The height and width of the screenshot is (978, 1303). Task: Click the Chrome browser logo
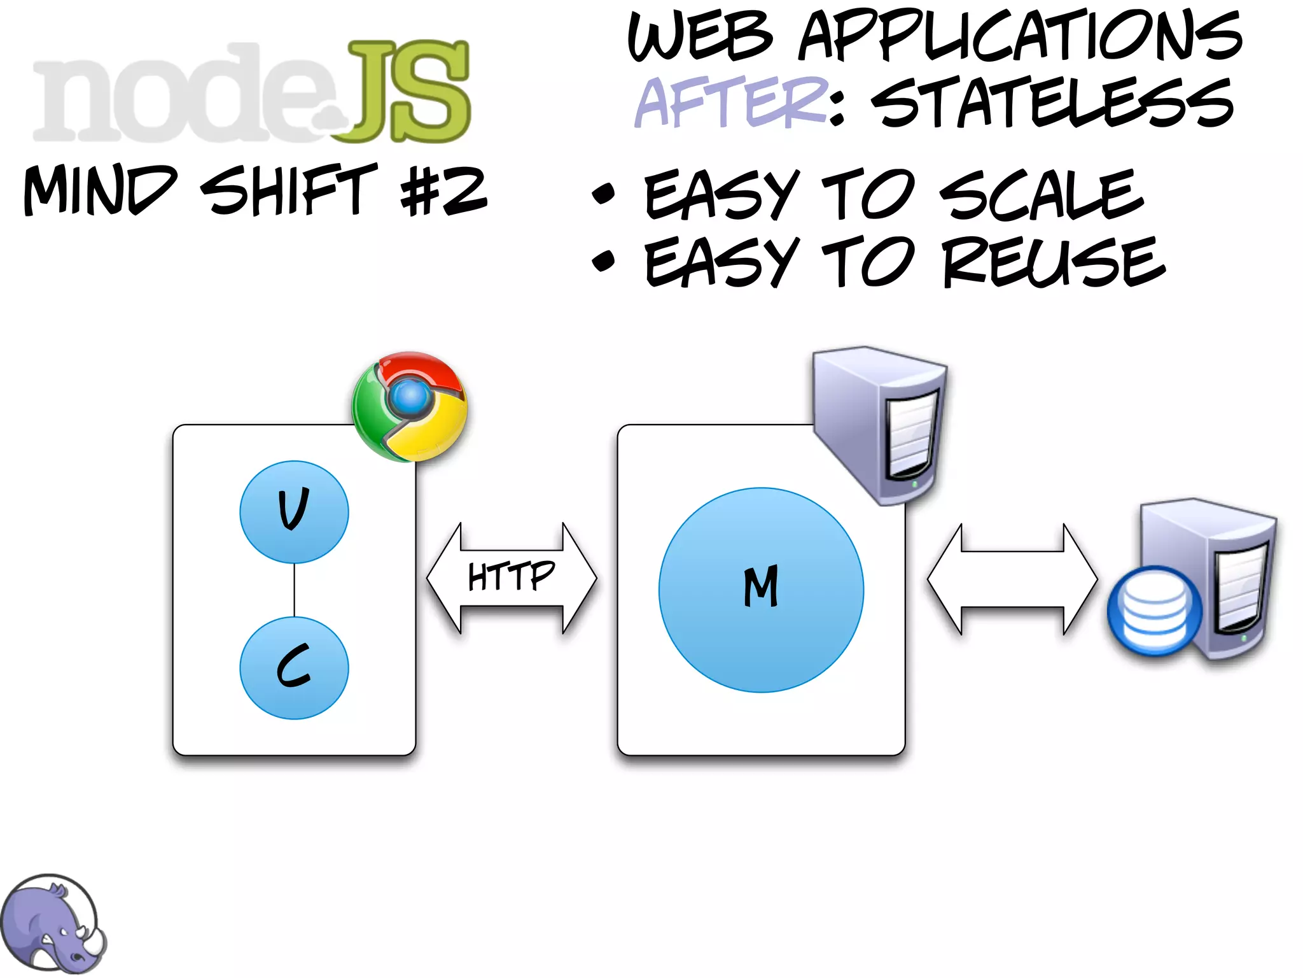click(x=410, y=406)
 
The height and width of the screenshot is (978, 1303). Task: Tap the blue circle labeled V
click(x=294, y=512)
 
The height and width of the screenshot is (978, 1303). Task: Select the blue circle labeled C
click(x=294, y=668)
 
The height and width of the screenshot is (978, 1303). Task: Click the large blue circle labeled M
click(x=761, y=590)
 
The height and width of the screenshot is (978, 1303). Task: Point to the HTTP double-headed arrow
click(x=512, y=578)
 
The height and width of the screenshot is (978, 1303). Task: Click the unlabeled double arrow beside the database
click(x=1012, y=579)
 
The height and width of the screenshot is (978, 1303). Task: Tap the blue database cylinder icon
click(x=1154, y=611)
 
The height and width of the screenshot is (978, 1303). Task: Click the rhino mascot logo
click(x=52, y=923)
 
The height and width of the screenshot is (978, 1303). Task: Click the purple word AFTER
click(x=732, y=102)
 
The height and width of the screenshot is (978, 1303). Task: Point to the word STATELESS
click(x=1053, y=102)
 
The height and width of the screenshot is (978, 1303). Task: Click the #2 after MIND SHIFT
click(x=443, y=190)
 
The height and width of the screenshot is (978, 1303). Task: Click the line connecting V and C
click(x=294, y=590)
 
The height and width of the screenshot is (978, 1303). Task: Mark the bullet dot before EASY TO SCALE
click(x=603, y=194)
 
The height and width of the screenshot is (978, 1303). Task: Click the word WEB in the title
click(x=700, y=36)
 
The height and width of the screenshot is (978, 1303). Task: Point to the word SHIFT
click(x=289, y=190)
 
